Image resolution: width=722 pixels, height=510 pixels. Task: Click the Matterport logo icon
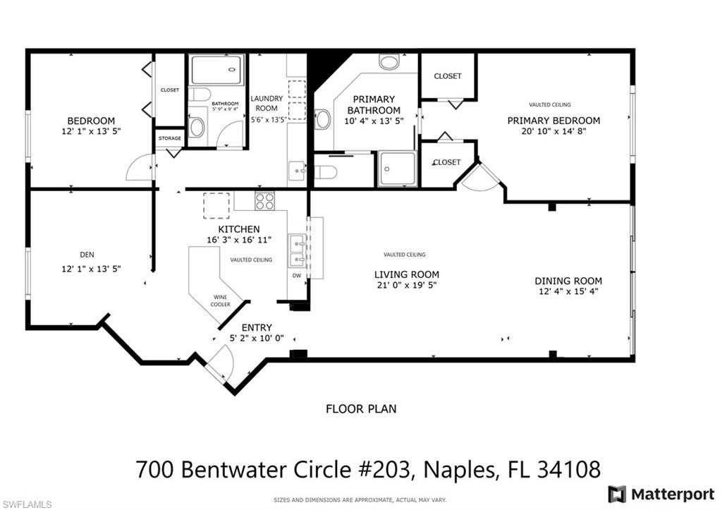click(616, 493)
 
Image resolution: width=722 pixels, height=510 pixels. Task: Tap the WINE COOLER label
click(221, 300)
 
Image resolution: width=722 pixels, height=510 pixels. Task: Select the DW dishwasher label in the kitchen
click(297, 276)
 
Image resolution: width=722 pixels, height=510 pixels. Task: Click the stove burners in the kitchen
click(265, 201)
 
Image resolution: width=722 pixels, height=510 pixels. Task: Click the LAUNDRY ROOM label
click(267, 103)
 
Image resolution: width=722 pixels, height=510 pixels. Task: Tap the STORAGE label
click(169, 138)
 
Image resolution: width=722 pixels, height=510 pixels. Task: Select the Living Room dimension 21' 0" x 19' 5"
click(406, 286)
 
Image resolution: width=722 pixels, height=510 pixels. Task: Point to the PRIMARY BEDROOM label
click(553, 121)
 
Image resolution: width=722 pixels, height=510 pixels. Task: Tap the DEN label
click(87, 255)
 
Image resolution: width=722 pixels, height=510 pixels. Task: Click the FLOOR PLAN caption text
click(360, 408)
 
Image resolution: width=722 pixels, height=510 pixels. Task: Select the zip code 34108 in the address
click(569, 468)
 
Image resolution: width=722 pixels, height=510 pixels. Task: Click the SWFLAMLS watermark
click(26, 504)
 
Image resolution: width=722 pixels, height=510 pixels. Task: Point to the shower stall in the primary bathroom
click(397, 169)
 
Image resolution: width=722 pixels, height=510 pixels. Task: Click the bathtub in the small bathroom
click(216, 70)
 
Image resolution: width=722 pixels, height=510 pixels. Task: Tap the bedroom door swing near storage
click(140, 168)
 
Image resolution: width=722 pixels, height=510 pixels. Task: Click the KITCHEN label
click(239, 229)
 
